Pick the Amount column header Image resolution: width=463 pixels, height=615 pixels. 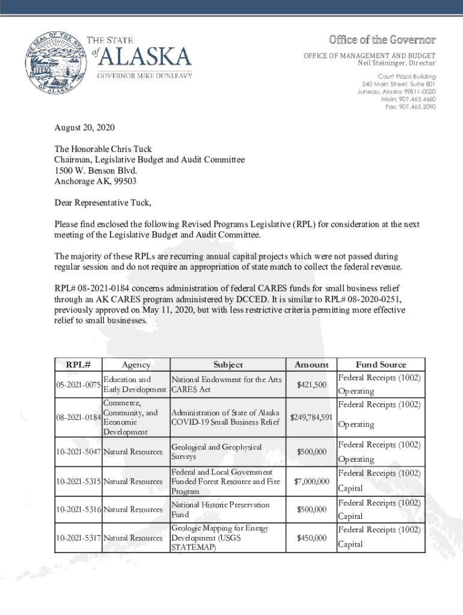click(x=311, y=365)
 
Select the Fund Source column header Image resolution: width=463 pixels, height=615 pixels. click(x=381, y=365)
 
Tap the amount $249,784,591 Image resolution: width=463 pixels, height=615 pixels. click(x=311, y=417)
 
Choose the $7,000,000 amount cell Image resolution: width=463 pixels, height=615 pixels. click(x=311, y=482)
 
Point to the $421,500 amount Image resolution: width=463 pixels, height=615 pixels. click(x=311, y=384)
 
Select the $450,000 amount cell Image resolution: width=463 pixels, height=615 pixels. click(x=311, y=538)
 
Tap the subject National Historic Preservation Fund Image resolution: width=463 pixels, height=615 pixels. click(x=221, y=510)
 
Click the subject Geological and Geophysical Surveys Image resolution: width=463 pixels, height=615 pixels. click(x=216, y=452)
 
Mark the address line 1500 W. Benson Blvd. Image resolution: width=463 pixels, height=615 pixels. click(x=91, y=170)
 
